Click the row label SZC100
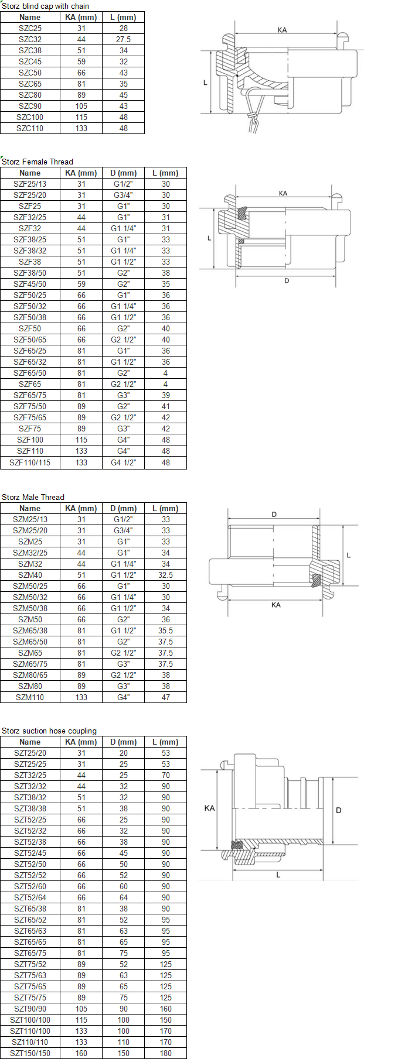click(x=30, y=117)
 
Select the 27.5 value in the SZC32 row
click(x=123, y=39)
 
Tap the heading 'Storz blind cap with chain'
click(x=46, y=6)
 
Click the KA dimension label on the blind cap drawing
click(x=283, y=30)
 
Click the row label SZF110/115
click(x=30, y=462)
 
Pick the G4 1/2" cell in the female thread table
click(x=123, y=462)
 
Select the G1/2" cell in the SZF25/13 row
click(x=123, y=184)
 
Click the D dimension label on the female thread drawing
click(x=287, y=281)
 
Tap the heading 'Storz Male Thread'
click(x=33, y=497)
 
